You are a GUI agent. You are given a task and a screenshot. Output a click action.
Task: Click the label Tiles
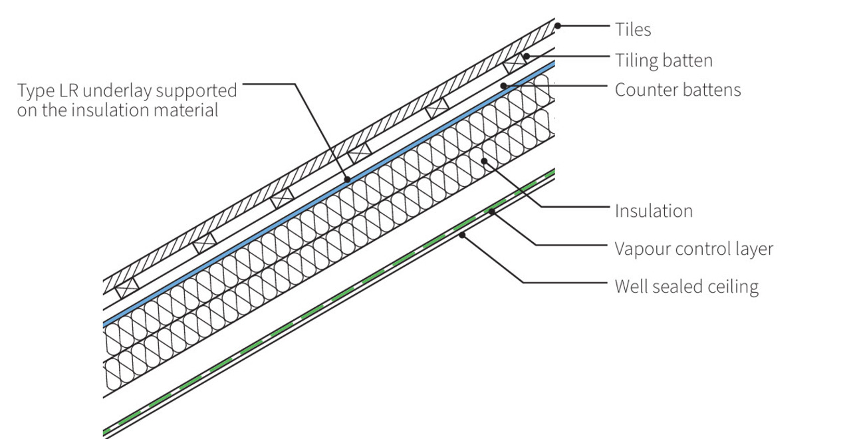[632, 29]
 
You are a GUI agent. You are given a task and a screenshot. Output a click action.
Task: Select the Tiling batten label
[664, 61]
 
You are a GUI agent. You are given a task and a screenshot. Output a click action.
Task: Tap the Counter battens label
[677, 90]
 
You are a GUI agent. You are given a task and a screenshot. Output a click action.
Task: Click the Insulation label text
[654, 211]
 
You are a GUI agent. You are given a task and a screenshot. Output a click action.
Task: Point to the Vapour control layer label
[694, 249]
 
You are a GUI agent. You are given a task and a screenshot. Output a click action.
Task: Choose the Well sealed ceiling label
[686, 287]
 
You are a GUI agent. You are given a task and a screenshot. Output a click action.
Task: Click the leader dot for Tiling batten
[526, 57]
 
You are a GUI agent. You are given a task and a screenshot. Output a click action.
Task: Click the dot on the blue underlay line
[346, 178]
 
